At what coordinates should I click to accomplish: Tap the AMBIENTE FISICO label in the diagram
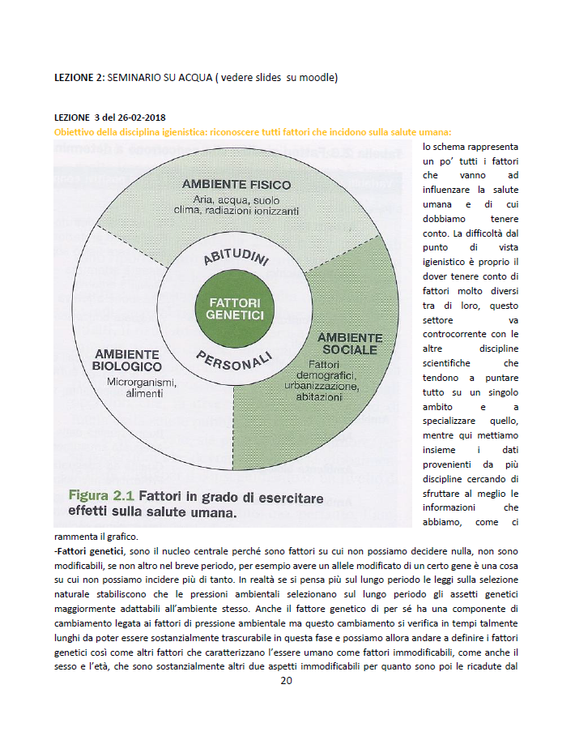coord(236,185)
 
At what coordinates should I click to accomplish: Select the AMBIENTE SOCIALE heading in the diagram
coord(350,344)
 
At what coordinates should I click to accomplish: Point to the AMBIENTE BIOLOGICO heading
coord(127,361)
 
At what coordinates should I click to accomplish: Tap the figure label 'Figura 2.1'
coord(101,494)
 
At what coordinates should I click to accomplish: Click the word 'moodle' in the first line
coord(313,78)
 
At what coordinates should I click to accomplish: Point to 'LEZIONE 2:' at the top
coord(79,78)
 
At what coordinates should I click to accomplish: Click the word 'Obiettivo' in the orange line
coord(75,131)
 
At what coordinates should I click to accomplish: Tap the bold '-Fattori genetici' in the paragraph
coord(89,551)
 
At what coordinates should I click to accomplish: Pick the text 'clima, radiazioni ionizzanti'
coord(236,211)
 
